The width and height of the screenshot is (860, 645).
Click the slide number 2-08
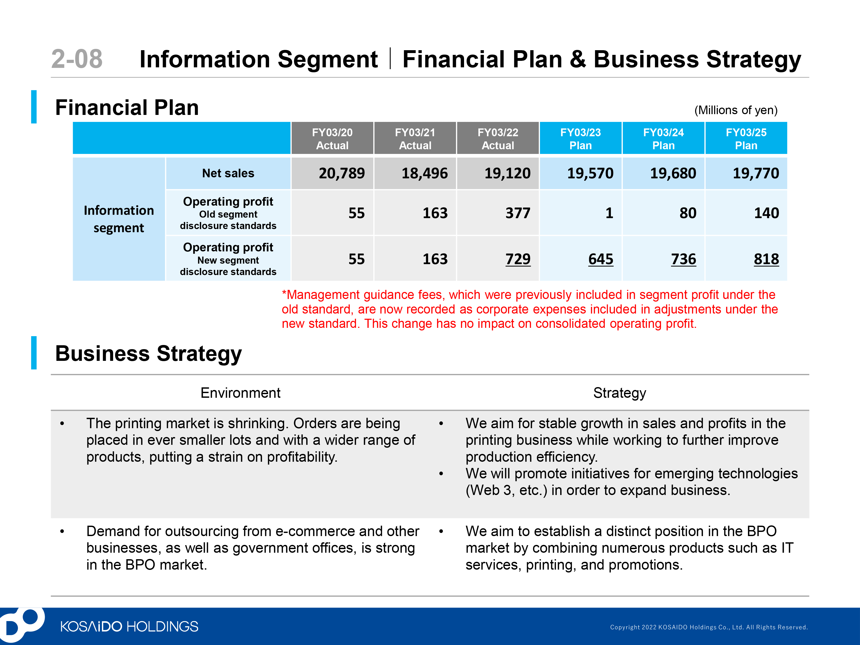pos(77,59)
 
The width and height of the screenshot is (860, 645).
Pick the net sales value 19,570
pos(590,173)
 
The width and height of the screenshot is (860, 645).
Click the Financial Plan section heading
pos(127,107)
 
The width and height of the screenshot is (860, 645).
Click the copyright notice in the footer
pos(708,627)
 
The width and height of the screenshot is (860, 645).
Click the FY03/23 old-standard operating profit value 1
pos(609,213)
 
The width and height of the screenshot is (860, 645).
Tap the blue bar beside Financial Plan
pos(34,107)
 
